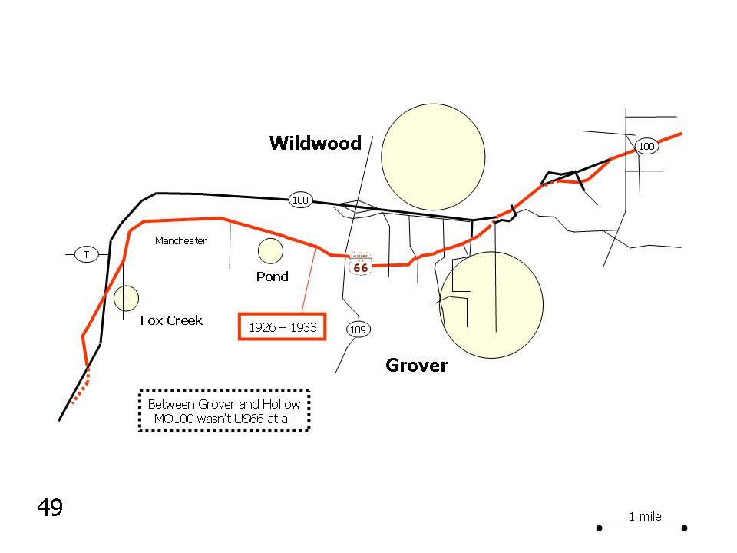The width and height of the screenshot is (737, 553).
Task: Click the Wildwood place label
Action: click(316, 143)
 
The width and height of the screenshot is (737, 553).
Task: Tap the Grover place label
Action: click(416, 365)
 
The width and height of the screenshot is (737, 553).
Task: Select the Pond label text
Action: click(273, 276)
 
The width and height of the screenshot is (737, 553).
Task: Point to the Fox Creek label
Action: click(171, 320)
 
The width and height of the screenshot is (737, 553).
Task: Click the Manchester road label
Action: click(180, 240)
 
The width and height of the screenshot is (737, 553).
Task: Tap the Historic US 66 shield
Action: click(360, 264)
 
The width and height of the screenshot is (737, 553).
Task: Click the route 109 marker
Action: click(358, 329)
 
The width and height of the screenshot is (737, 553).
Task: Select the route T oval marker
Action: click(87, 254)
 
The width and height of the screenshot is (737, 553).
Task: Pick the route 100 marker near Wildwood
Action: click(300, 200)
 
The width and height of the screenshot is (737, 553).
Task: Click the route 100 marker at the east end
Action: click(646, 146)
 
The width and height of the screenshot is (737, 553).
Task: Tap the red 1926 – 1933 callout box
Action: click(283, 326)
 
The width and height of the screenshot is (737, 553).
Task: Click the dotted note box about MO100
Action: click(224, 411)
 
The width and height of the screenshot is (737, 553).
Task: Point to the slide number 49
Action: click(50, 508)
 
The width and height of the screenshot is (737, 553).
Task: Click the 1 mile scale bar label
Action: click(645, 516)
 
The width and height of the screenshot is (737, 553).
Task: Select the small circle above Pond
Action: click(270, 250)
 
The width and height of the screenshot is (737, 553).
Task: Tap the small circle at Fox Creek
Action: click(126, 298)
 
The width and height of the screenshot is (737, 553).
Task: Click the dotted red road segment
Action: click(83, 387)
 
